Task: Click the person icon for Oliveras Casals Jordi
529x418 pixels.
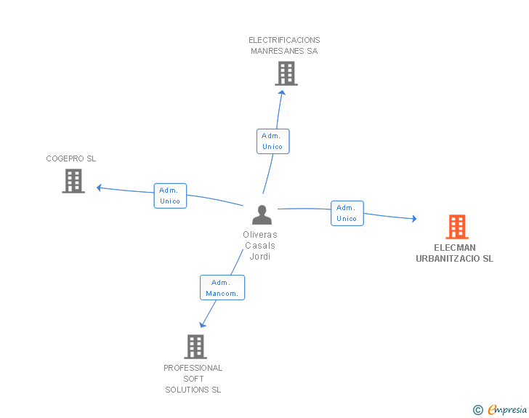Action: (262, 214)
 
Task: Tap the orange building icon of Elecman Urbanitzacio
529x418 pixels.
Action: (457, 227)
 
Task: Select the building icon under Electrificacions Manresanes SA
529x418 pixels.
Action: (286, 73)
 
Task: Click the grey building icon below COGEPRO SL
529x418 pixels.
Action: (73, 181)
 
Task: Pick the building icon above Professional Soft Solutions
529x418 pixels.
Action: (195, 347)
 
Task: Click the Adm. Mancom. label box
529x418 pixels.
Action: (222, 288)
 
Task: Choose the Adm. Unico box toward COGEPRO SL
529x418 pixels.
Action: (170, 196)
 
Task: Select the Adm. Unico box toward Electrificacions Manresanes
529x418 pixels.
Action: (272, 141)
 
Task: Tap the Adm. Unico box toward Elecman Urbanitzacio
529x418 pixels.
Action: (347, 213)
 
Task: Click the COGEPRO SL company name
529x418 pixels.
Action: (71, 158)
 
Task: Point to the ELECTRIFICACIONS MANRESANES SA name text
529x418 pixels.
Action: (284, 46)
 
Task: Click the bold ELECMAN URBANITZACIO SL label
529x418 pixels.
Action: (454, 253)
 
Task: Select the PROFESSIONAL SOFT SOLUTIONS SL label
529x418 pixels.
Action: (193, 379)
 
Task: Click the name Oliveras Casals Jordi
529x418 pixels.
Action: (260, 246)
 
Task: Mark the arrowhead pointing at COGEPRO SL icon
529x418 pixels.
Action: (100, 188)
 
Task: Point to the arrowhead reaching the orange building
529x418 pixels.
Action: (413, 219)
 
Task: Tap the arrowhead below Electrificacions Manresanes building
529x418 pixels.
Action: (282, 92)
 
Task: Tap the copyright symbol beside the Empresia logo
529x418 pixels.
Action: (477, 410)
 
